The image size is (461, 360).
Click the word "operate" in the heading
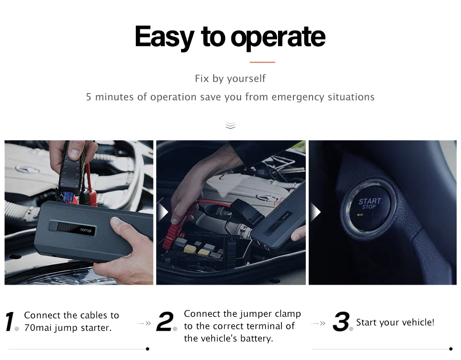point(278,37)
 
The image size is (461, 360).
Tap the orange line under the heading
point(262,62)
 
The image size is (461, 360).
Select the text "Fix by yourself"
point(230,78)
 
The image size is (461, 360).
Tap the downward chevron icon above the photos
point(230,125)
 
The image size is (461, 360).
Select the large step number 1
point(10,322)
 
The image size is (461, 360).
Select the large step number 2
point(165,322)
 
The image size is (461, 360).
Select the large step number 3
point(341,322)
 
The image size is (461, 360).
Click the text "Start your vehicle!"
point(395,322)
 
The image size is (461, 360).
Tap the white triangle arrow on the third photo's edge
point(315,212)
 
